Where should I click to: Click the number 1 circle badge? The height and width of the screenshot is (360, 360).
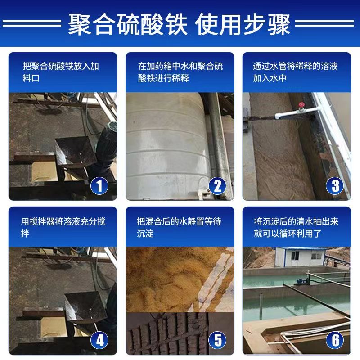pos(99,185)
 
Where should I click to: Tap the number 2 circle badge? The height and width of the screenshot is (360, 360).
pos(217,185)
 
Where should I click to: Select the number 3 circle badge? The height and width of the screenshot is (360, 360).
pos(334,185)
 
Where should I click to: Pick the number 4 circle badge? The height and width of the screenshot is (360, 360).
pos(99,339)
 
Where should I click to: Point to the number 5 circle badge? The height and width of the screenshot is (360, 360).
pos(217,339)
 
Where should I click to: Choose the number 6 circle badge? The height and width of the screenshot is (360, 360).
pos(334,339)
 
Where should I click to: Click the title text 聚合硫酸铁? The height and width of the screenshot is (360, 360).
pos(128,24)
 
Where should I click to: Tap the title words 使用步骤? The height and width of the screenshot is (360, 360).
pos(243,24)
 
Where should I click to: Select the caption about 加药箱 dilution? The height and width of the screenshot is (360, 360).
pos(180,72)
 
